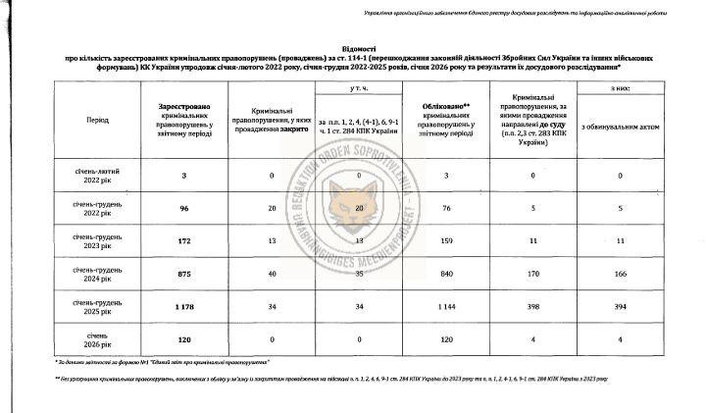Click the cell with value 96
183,207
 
